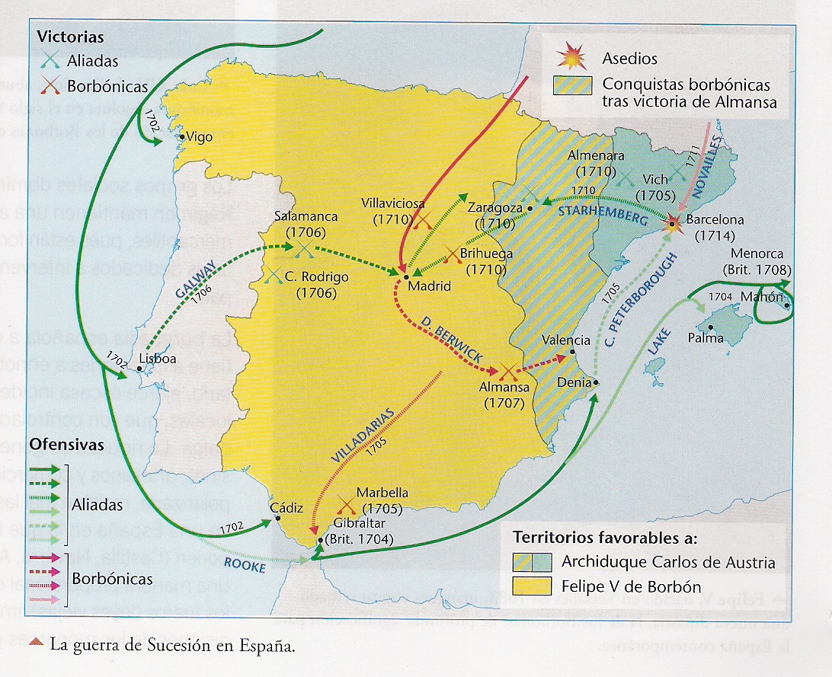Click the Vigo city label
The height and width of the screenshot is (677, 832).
point(200,138)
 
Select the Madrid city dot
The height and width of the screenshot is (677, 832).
point(407,276)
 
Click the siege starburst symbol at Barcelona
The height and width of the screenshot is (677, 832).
point(673,223)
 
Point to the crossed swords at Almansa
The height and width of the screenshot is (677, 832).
point(507,372)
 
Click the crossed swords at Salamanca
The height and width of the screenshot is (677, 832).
point(302,247)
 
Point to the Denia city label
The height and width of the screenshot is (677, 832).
point(574,382)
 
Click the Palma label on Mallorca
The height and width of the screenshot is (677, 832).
point(706,337)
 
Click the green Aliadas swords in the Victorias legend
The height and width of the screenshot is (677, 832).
point(51,60)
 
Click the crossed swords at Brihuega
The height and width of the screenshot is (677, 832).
point(453,257)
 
